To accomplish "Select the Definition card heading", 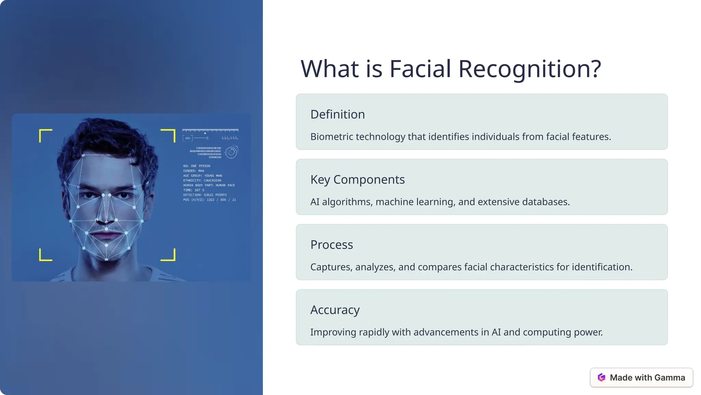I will [337, 115].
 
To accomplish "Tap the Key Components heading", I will [357, 180].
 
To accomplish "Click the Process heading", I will [331, 245].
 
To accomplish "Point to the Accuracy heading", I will [335, 310].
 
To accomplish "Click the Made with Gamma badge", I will [641, 378].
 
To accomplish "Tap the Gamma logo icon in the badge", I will [601, 378].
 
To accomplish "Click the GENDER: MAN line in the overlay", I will [193, 171].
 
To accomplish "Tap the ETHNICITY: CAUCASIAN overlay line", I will [202, 180].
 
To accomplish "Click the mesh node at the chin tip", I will [106, 259].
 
